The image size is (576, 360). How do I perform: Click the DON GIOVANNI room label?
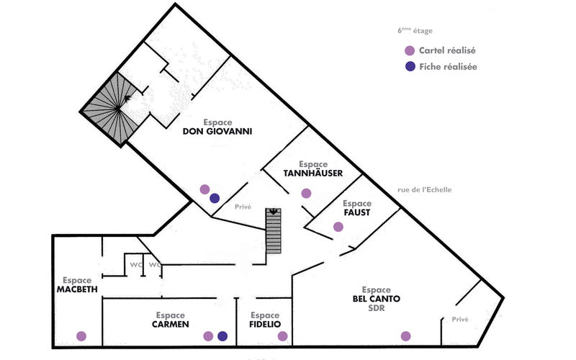(x=217, y=131)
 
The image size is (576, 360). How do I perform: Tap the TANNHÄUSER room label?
(x=312, y=173)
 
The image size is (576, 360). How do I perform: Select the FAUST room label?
(x=356, y=213)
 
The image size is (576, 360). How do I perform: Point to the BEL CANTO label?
(x=376, y=299)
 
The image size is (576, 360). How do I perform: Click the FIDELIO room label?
(x=265, y=325)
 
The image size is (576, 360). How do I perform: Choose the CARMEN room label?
(x=170, y=325)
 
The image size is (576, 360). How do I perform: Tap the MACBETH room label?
(x=77, y=289)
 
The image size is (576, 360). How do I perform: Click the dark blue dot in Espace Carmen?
(x=222, y=336)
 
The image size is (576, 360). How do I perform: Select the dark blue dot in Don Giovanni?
(x=215, y=198)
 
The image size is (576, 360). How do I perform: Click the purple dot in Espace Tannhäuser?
(x=306, y=193)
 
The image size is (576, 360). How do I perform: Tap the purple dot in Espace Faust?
(x=338, y=227)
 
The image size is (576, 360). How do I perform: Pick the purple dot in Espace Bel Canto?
(x=405, y=336)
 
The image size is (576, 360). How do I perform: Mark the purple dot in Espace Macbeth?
(x=81, y=336)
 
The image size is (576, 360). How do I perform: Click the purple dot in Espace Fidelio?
(x=282, y=336)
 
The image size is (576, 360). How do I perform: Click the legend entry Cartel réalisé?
(x=446, y=51)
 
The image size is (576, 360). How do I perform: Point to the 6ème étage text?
(x=415, y=31)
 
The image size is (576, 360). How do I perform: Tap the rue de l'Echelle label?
(x=425, y=190)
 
